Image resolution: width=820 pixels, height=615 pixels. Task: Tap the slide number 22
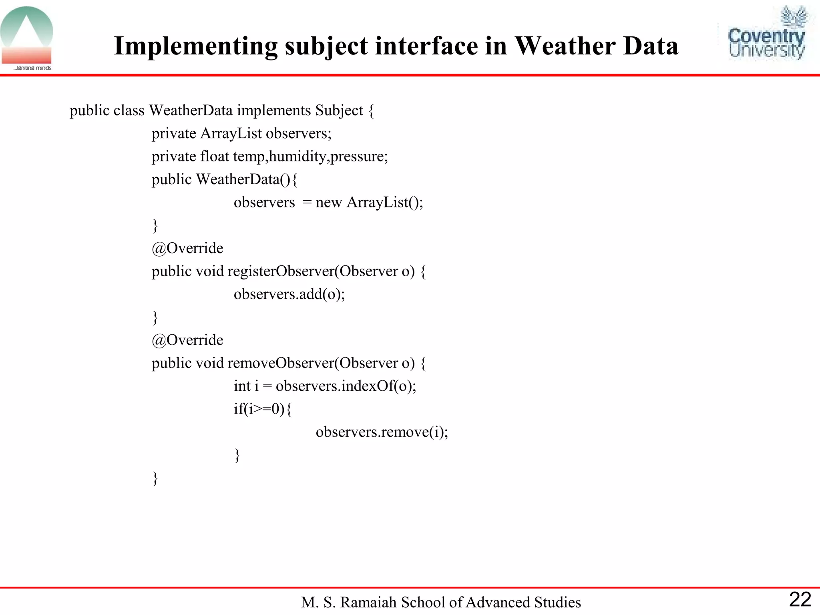tap(800, 600)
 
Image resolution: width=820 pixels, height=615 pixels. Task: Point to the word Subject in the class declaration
tap(339, 111)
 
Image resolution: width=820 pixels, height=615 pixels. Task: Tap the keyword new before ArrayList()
tap(328, 203)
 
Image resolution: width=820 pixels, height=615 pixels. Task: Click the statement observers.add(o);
tap(289, 294)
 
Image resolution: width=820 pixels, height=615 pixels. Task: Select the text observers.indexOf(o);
tap(346, 386)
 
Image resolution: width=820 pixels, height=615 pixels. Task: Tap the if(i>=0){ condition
tap(263, 409)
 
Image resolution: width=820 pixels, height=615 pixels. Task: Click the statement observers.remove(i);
tap(382, 432)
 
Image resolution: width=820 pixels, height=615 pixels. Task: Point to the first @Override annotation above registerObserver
tap(187, 248)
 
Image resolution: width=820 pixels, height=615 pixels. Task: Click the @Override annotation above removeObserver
tap(187, 340)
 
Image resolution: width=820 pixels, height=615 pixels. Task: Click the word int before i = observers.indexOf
tap(242, 386)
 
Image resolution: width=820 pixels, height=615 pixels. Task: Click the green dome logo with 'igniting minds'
tap(27, 38)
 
